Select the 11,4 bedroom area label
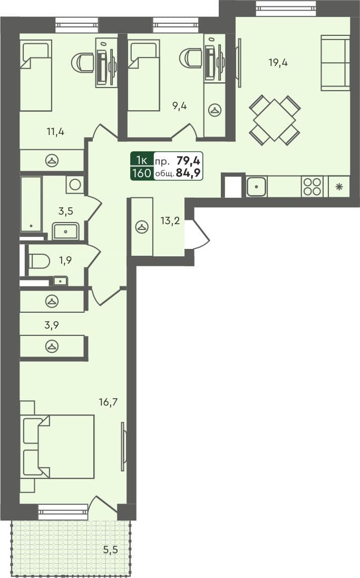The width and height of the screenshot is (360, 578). point(55,131)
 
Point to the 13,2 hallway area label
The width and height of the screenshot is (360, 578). point(170,220)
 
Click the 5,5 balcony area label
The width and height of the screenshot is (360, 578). point(110,550)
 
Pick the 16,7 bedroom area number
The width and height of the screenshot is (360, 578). point(108,402)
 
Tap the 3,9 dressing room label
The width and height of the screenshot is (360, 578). point(52,325)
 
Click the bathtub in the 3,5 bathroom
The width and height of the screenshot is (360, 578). point(31,204)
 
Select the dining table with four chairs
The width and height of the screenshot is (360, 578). point(274,120)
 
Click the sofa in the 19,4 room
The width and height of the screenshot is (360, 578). point(336,63)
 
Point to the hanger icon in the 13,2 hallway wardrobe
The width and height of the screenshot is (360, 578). point(141,227)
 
